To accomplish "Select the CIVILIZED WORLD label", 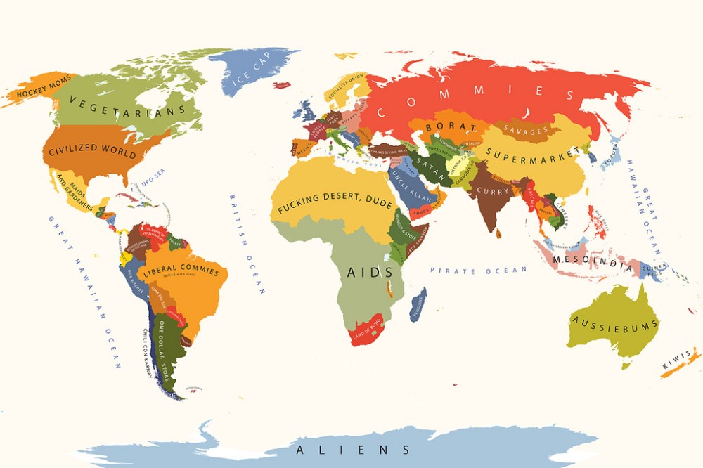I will point(92,148).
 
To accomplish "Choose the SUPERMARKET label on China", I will point(534,152).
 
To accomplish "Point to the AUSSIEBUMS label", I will point(615,324).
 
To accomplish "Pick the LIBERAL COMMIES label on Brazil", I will point(181,271).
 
